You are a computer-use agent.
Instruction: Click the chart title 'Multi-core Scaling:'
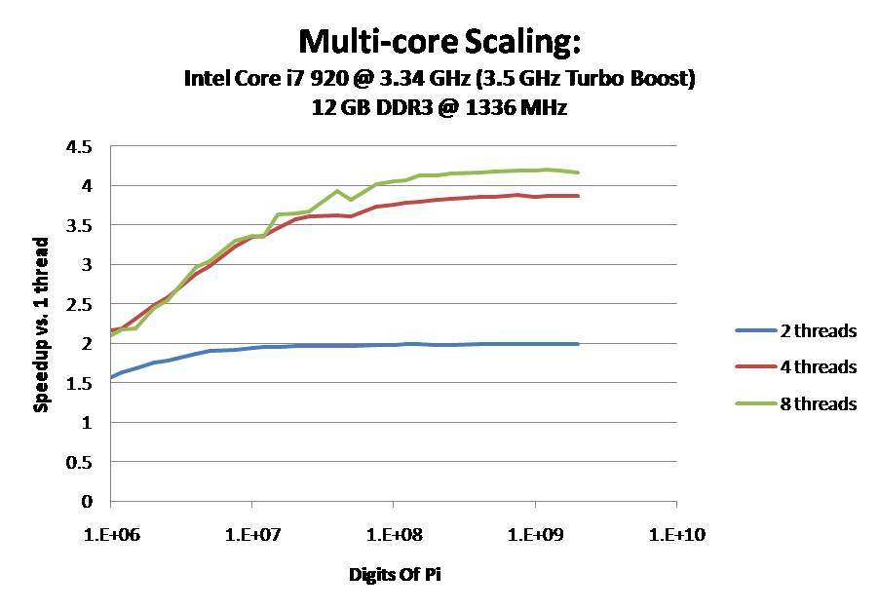point(439,43)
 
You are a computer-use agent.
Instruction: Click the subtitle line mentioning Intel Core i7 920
point(439,80)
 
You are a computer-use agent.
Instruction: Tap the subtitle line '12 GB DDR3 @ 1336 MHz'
point(439,108)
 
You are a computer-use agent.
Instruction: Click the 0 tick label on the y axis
point(87,502)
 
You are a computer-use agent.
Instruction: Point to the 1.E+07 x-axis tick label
point(251,534)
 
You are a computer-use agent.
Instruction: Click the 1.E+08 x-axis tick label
point(393,534)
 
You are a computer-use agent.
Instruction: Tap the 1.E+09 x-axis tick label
point(535,534)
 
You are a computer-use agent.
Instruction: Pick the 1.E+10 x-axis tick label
point(676,534)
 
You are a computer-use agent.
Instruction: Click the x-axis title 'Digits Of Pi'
point(394,574)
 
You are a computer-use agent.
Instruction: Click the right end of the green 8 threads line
point(578,172)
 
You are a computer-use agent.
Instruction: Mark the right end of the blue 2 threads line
point(578,344)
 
